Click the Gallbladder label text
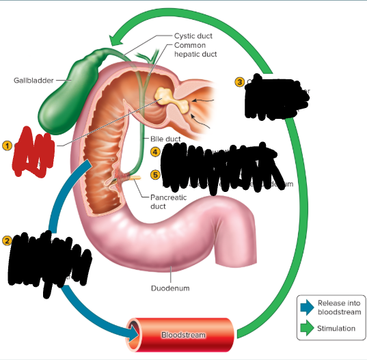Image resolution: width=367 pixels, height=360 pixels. coord(33,81)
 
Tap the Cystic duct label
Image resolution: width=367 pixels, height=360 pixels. coord(194,36)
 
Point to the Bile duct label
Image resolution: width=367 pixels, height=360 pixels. coord(165,139)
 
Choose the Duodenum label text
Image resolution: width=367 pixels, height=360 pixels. coord(170,288)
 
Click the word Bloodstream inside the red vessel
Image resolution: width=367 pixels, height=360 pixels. coord(182,335)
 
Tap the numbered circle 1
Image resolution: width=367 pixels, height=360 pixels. coord(7,145)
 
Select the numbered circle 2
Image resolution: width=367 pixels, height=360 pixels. coord(7,240)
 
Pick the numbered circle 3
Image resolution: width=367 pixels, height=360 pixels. coord(239,82)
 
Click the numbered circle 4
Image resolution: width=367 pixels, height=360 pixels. coord(156,152)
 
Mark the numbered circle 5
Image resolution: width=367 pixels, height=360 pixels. coord(156,174)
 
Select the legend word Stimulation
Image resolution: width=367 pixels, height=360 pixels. coord(336,329)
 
